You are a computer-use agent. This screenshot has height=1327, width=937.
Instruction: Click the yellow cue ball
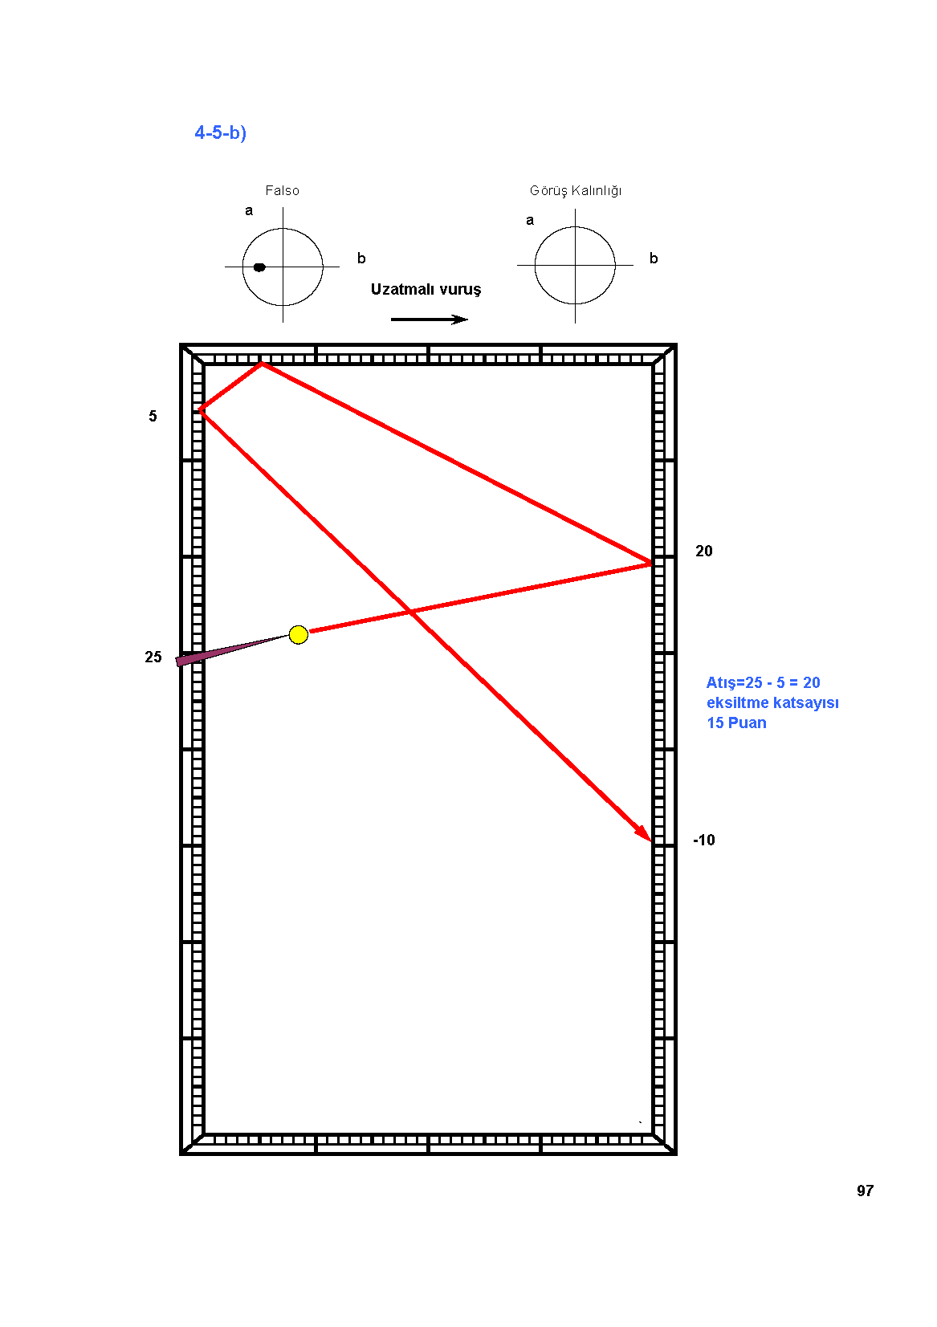(298, 634)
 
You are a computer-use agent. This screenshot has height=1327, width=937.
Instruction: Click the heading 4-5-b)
(220, 132)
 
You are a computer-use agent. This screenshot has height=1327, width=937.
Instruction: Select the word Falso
(282, 191)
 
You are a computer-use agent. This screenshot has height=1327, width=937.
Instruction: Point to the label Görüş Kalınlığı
(576, 191)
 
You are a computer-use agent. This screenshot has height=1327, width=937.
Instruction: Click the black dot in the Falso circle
(259, 267)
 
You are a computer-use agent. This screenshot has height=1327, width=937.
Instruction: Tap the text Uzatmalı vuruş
(426, 289)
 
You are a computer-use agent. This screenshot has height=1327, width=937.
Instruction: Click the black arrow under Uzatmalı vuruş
(429, 320)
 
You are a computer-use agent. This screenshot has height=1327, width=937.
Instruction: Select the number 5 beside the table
(153, 416)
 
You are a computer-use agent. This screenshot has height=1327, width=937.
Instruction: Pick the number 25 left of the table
(153, 657)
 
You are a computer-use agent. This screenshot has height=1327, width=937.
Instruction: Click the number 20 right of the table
(703, 551)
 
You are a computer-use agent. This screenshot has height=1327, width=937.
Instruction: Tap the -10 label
(704, 840)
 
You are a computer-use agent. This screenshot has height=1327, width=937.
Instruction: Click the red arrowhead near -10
(644, 833)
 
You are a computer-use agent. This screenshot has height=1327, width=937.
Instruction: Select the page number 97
(865, 1191)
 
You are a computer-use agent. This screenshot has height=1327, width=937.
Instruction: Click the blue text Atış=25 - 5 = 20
(763, 683)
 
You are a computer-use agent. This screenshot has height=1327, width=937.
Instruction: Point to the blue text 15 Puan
(736, 723)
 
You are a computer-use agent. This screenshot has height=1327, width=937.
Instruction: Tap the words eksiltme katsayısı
(772, 703)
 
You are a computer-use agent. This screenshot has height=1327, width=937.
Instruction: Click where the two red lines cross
(410, 612)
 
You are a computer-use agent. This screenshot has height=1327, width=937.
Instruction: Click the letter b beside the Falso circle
(361, 258)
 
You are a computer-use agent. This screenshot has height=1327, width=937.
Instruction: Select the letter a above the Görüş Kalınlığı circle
(530, 221)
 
